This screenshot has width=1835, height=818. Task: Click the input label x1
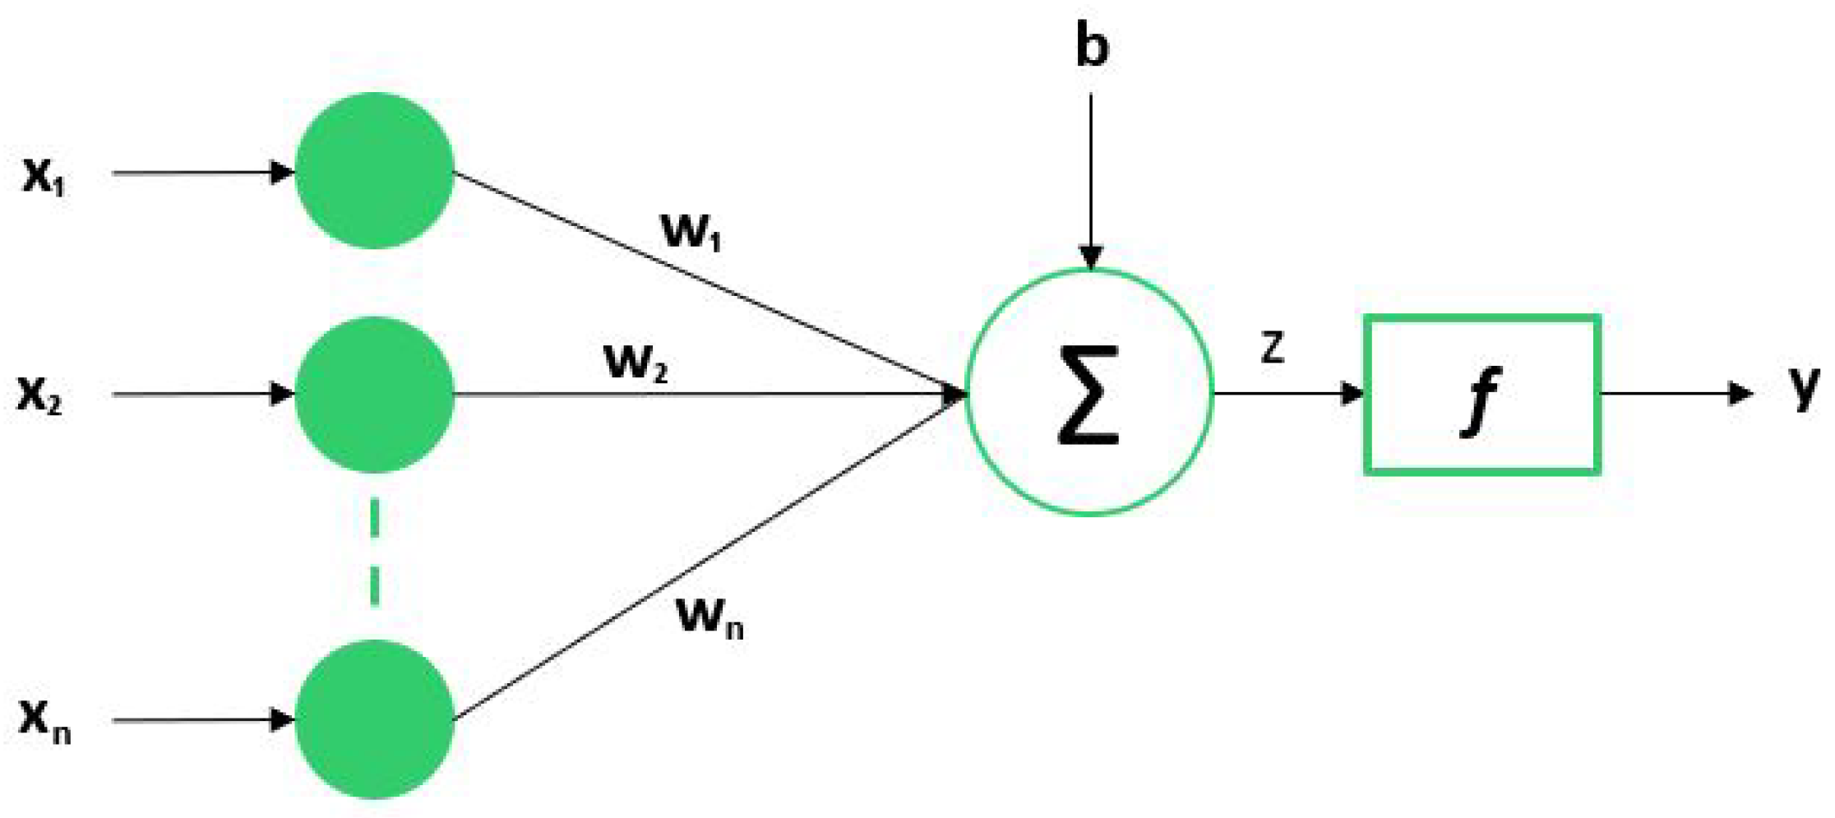(x=43, y=175)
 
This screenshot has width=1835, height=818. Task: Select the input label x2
(x=39, y=395)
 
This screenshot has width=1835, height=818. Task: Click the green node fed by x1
(x=375, y=170)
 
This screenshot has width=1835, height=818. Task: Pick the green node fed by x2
(x=375, y=395)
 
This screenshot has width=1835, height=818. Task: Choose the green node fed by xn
(x=375, y=719)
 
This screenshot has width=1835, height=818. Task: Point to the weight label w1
(x=691, y=231)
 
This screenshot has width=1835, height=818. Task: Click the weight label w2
(x=636, y=362)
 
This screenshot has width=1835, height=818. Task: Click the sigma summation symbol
(x=1089, y=395)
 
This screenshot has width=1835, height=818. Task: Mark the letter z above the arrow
(x=1272, y=349)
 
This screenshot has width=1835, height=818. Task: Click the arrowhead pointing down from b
(x=1091, y=257)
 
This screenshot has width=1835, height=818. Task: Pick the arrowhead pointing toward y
(x=1740, y=393)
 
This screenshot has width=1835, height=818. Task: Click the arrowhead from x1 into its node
(x=282, y=173)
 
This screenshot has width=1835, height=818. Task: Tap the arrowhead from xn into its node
(x=282, y=720)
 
